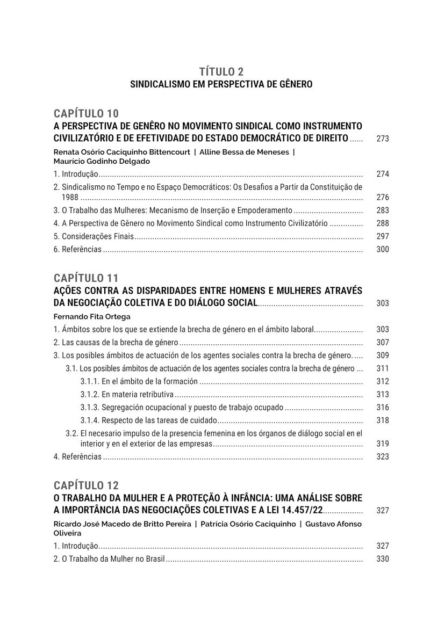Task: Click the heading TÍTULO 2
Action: tap(221, 71)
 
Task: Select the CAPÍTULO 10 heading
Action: tap(86, 113)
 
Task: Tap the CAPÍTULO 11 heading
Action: tap(86, 278)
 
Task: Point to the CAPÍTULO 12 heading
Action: tap(86, 485)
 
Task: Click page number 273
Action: tap(383, 139)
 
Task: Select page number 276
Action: tap(383, 198)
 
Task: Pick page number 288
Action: tap(383, 223)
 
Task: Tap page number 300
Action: tap(383, 249)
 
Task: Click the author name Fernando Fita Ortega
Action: tap(92, 316)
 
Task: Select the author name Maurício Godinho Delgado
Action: tap(102, 161)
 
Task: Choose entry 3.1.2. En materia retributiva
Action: tap(127, 394)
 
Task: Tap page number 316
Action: tap(383, 408)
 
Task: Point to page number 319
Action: tap(383, 444)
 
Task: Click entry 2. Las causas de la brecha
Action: tap(116, 342)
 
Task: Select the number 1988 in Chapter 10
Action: tap(70, 198)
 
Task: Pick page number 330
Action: tap(383, 559)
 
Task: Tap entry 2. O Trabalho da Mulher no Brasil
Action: tap(109, 559)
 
